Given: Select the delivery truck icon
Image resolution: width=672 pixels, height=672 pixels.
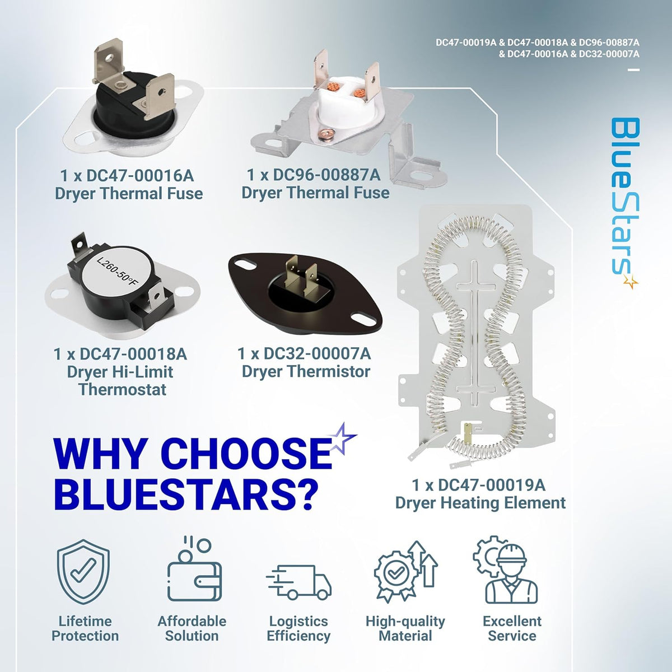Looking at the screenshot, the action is [299, 582].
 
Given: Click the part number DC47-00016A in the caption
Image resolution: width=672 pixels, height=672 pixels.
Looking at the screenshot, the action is [140, 175].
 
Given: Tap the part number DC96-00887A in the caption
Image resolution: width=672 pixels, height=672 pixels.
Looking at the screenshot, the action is [326, 175].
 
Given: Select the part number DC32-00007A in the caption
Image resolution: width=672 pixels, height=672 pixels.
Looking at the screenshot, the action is [317, 353].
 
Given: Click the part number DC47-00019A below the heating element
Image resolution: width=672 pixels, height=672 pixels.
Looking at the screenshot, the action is [491, 485].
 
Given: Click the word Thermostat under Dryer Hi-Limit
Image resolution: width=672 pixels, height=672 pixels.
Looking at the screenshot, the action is [123, 390].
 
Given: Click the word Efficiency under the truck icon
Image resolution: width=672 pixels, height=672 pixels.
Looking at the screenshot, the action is [298, 636].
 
